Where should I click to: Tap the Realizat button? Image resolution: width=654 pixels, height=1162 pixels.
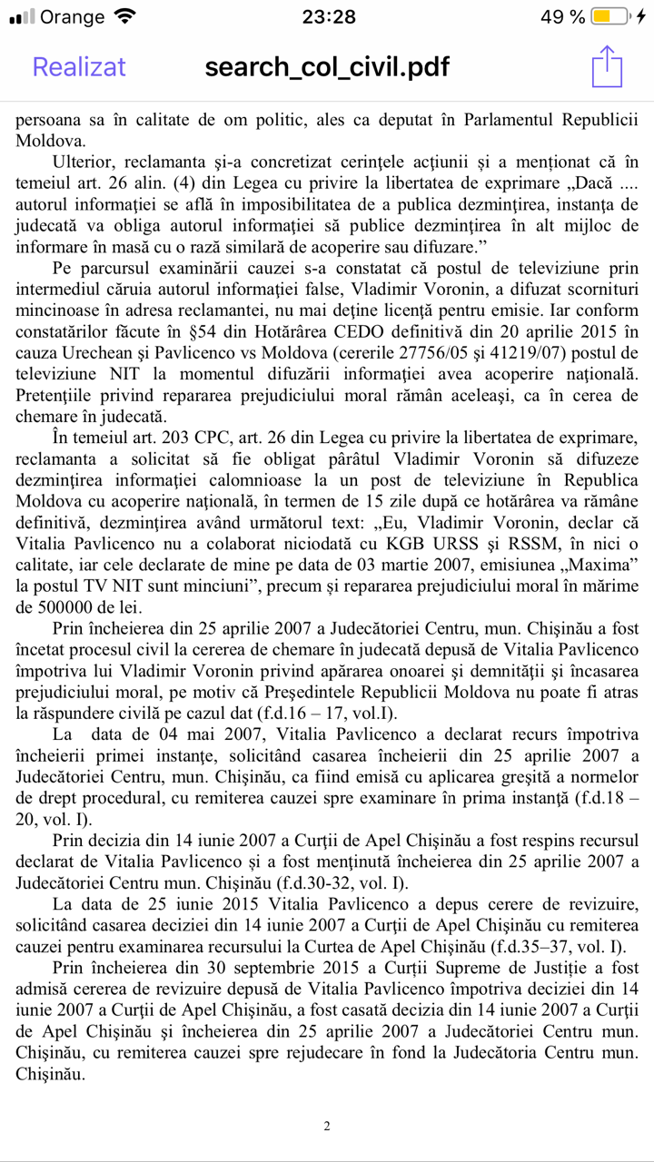(x=79, y=66)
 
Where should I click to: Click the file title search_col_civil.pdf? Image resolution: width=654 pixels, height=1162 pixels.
(x=327, y=66)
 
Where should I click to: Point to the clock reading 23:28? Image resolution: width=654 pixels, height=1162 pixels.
(x=328, y=16)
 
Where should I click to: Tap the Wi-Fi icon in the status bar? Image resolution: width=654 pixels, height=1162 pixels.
(x=125, y=16)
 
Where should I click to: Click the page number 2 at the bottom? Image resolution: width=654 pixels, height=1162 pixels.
(x=327, y=1127)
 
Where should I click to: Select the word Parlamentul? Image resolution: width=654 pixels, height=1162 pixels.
(x=512, y=120)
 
